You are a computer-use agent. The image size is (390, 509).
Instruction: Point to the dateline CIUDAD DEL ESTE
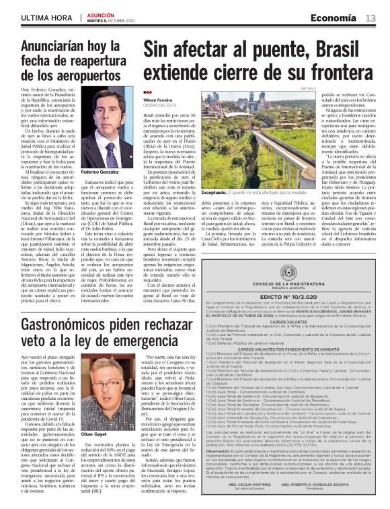[x=159, y=105]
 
